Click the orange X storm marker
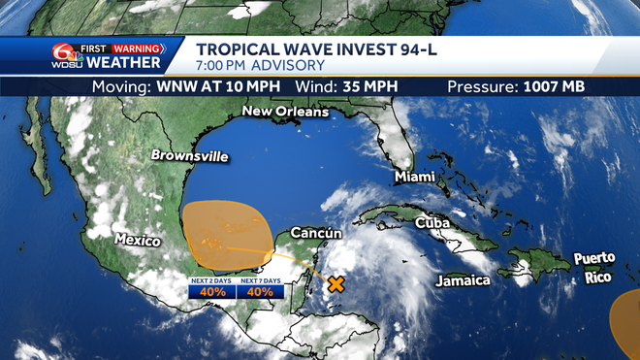(x=336, y=284)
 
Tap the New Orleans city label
(x=284, y=112)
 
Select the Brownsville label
(x=189, y=155)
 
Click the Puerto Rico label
(x=593, y=267)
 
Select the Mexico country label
(x=138, y=239)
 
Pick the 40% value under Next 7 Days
(x=259, y=291)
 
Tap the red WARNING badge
(x=136, y=48)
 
